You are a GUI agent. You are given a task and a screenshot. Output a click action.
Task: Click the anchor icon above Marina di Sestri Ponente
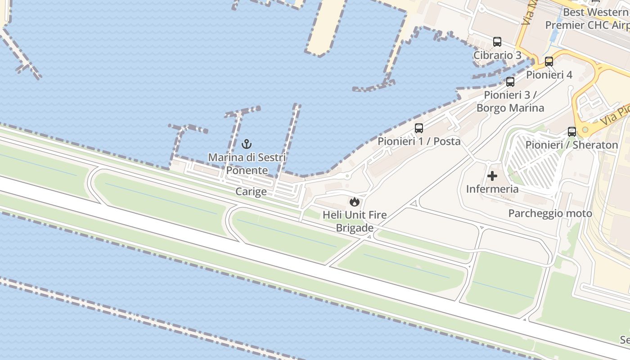click(246, 144)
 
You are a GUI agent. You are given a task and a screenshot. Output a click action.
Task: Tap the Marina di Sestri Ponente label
click(247, 164)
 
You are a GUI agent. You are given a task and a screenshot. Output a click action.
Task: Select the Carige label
click(251, 192)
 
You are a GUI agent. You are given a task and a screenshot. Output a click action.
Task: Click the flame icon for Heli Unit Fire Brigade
click(355, 202)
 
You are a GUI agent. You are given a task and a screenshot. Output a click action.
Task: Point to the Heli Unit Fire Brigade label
click(355, 221)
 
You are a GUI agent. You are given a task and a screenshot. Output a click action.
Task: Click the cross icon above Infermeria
click(492, 176)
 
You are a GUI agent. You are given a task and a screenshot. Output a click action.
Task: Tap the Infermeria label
click(492, 189)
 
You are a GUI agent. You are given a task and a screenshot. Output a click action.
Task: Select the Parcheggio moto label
click(550, 213)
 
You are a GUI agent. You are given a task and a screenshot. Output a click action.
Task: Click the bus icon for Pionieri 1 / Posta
click(419, 128)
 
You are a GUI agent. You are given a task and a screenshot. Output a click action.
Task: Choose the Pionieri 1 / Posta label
click(419, 141)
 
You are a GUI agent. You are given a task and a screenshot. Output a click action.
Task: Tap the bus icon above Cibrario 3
click(497, 42)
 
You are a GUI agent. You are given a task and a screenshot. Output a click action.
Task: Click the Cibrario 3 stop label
click(497, 55)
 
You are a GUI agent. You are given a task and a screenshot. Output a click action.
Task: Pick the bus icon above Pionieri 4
click(549, 62)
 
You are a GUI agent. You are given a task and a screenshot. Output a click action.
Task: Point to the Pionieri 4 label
click(549, 75)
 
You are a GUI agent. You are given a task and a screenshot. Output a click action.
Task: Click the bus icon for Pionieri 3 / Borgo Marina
click(510, 82)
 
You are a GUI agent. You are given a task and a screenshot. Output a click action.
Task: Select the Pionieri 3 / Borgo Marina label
click(510, 102)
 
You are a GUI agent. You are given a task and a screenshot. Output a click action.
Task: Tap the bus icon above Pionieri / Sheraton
click(572, 132)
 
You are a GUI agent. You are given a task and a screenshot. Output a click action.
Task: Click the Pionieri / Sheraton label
click(572, 145)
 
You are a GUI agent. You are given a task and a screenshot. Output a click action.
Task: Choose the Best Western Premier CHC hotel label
click(587, 19)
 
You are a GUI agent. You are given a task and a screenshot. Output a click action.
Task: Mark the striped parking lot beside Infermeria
click(533, 162)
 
